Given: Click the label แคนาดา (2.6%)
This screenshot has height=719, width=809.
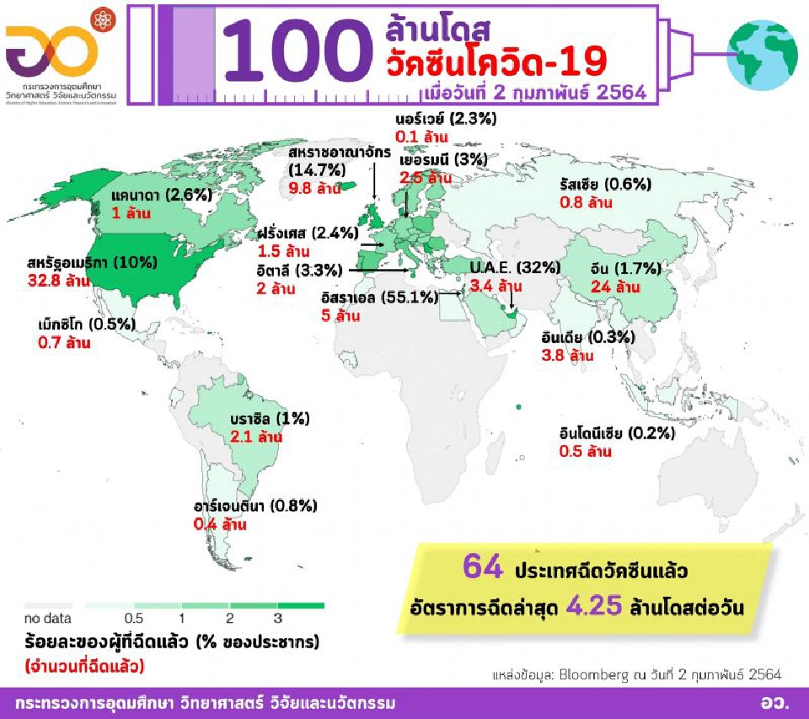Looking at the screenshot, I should tap(159, 196).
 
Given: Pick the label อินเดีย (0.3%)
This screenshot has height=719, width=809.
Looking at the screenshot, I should tap(587, 337).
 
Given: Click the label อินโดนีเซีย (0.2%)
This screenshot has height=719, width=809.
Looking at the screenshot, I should tap(617, 433).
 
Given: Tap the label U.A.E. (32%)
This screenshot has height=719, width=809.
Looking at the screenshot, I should tap(514, 268).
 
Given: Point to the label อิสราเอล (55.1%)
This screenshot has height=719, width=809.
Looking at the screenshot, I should tap(379, 298).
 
